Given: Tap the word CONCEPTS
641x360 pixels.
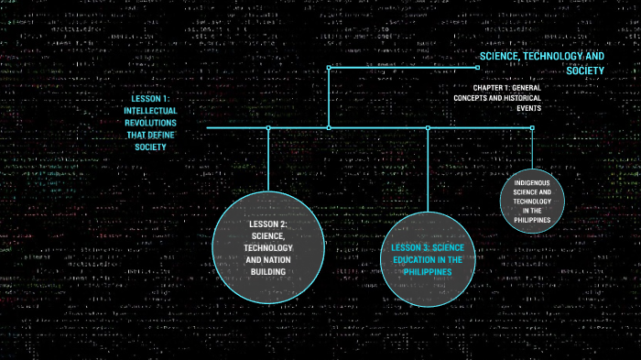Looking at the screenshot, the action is click(x=474, y=97).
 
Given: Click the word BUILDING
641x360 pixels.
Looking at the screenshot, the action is click(x=268, y=272).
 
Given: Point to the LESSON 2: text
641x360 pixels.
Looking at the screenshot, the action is click(x=268, y=224).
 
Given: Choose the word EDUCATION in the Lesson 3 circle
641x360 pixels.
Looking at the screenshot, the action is click(x=423, y=260).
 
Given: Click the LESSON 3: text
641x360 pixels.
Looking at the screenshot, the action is click(x=408, y=248).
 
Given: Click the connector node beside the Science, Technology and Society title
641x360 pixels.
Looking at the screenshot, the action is click(x=477, y=67).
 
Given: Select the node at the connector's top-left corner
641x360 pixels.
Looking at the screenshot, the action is click(x=329, y=67).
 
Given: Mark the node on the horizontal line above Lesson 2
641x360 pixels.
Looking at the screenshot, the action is click(x=268, y=128).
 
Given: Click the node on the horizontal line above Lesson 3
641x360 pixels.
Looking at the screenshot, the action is click(x=428, y=128).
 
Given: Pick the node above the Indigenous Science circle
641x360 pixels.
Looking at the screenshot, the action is click(x=532, y=128).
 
